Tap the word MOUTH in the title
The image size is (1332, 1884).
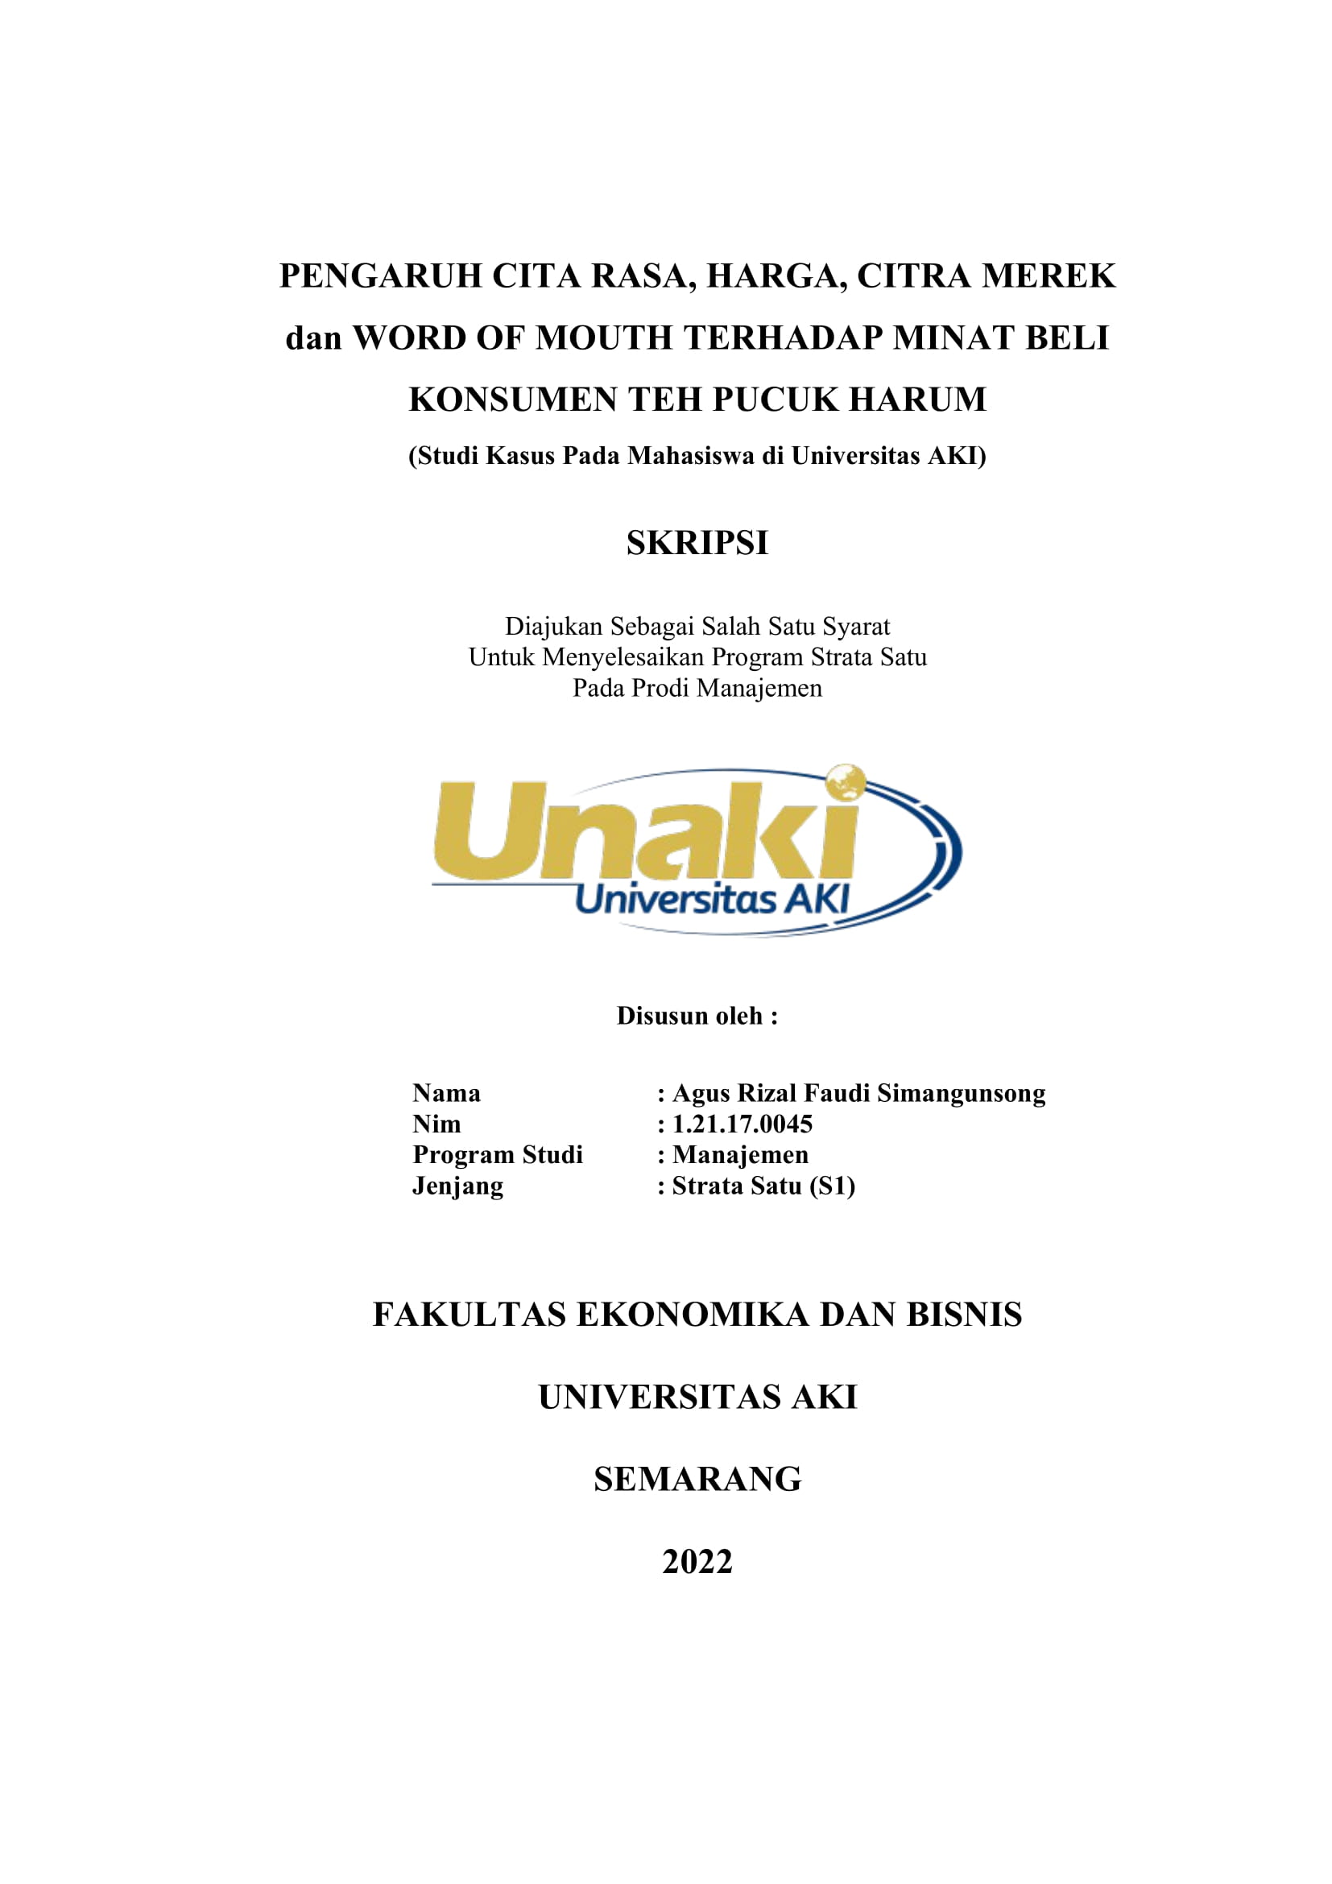(604, 338)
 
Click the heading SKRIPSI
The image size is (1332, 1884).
(697, 543)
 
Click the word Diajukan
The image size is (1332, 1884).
(552, 627)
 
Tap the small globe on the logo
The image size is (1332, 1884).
(846, 782)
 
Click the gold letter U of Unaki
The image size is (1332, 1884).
(490, 830)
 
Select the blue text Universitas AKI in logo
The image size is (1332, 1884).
(712, 900)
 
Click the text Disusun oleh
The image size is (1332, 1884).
(697, 1016)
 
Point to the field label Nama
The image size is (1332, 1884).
(446, 1094)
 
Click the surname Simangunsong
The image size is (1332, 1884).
(962, 1094)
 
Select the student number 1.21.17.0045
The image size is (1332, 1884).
(742, 1124)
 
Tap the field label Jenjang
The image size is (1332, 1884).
(457, 1186)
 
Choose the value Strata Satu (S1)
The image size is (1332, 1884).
(763, 1186)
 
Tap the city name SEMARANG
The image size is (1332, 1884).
(697, 1480)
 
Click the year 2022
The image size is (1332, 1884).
(697, 1563)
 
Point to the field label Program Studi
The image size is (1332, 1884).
(497, 1155)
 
